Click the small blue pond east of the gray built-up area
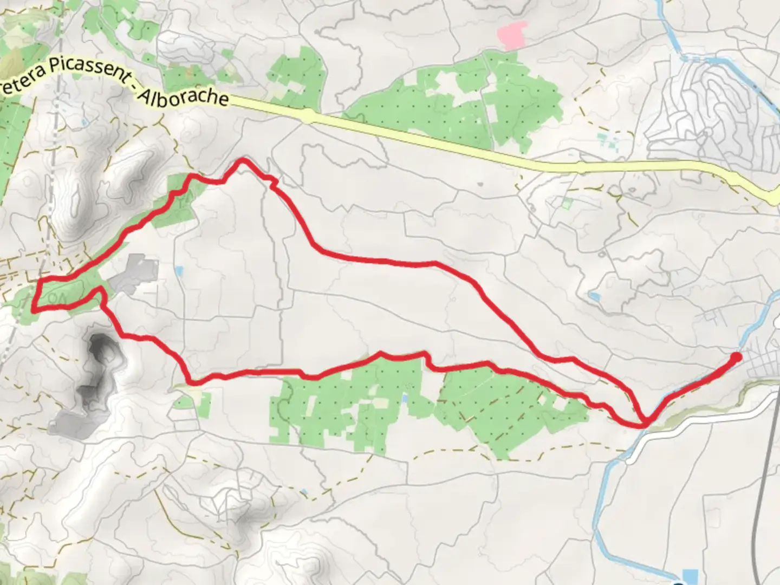point(179,269)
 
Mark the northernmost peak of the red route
point(243,161)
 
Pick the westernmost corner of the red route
point(35,310)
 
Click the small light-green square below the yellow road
point(567,204)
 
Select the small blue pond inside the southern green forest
point(405,399)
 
